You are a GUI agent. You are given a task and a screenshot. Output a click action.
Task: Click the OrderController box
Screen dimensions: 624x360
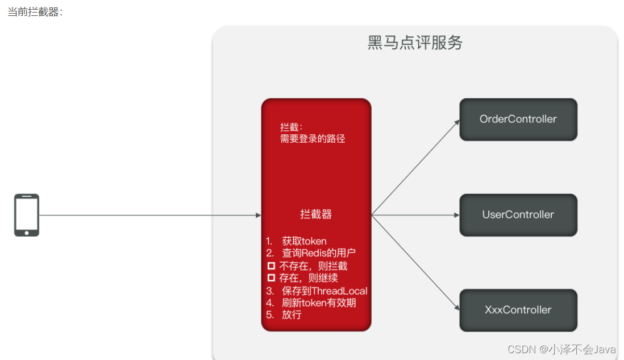pyautogui.click(x=518, y=119)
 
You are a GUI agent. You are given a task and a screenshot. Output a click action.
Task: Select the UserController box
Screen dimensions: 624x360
pyautogui.click(x=518, y=215)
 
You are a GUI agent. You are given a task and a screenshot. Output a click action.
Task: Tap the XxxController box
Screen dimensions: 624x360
pyautogui.click(x=518, y=310)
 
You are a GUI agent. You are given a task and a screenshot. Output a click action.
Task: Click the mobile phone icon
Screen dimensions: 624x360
pyautogui.click(x=27, y=215)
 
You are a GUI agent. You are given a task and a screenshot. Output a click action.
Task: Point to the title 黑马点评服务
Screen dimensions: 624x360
pyautogui.click(x=415, y=43)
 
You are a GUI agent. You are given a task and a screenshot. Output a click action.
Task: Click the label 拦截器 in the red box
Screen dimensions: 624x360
pyautogui.click(x=316, y=214)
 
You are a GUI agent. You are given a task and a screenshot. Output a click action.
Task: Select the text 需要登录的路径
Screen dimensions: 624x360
pyautogui.click(x=313, y=139)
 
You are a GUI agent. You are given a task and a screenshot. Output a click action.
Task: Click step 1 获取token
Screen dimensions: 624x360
pyautogui.click(x=304, y=241)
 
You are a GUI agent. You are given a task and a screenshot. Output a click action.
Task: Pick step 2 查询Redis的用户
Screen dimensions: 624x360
pyautogui.click(x=318, y=254)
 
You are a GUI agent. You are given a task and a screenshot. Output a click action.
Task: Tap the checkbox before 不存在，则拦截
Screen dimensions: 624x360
pyautogui.click(x=271, y=266)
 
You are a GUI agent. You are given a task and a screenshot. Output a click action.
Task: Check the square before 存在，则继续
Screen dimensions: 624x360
pyautogui.click(x=271, y=278)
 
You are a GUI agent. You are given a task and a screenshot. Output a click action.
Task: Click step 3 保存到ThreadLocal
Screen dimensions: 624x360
pyautogui.click(x=324, y=291)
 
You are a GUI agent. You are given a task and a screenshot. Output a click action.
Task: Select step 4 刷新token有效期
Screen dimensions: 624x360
pyautogui.click(x=318, y=303)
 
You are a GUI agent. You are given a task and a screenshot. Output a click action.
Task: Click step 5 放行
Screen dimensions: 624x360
pyautogui.click(x=291, y=315)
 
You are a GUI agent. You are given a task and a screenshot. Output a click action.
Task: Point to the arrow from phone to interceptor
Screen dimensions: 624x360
pyautogui.click(x=148, y=216)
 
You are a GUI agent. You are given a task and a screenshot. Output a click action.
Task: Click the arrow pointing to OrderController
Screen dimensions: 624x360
pyautogui.click(x=415, y=168)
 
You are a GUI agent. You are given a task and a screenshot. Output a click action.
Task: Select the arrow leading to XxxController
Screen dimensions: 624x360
pyautogui.click(x=415, y=263)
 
